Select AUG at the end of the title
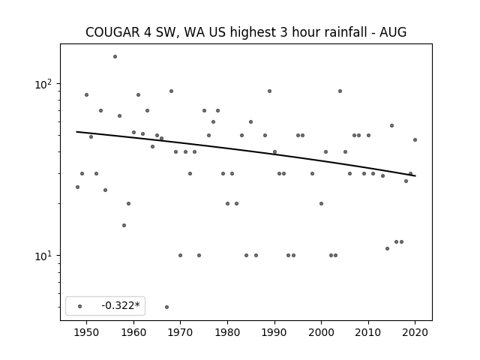393,32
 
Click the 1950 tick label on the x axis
86,333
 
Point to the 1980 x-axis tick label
227,333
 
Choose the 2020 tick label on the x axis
415,333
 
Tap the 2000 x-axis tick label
321,333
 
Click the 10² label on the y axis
43,83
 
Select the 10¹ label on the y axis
43,255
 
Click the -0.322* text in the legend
121,305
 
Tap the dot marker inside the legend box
80,306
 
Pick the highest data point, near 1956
115,57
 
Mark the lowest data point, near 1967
166,307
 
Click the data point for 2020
415,140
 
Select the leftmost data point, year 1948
77,187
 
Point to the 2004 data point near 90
340,91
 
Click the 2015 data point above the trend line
391,125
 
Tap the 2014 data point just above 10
387,248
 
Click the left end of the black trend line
76,132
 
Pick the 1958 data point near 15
124,225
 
